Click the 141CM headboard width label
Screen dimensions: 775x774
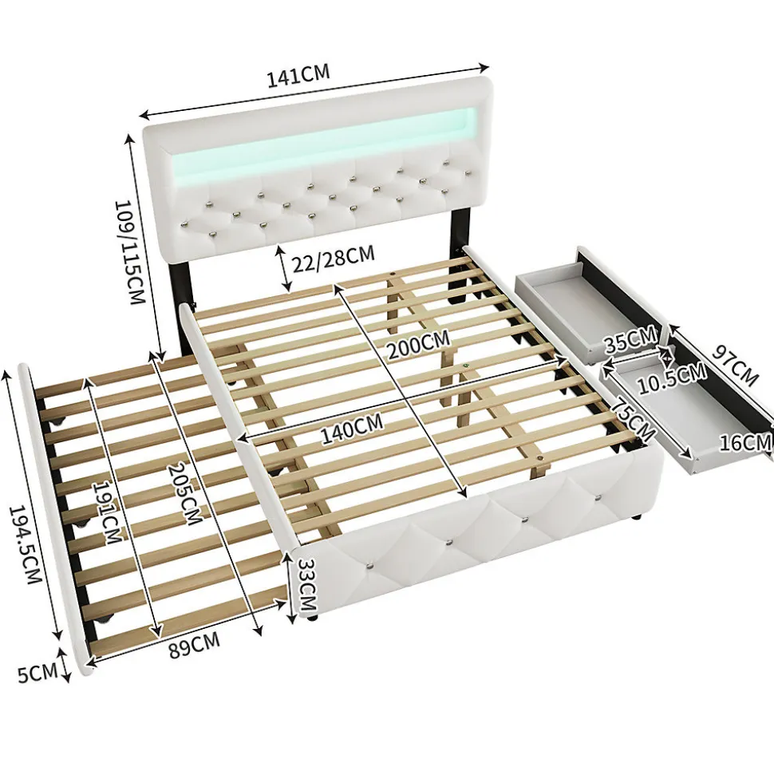pos(298,76)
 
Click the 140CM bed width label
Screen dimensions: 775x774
pos(350,430)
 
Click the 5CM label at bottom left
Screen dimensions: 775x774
pos(37,673)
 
